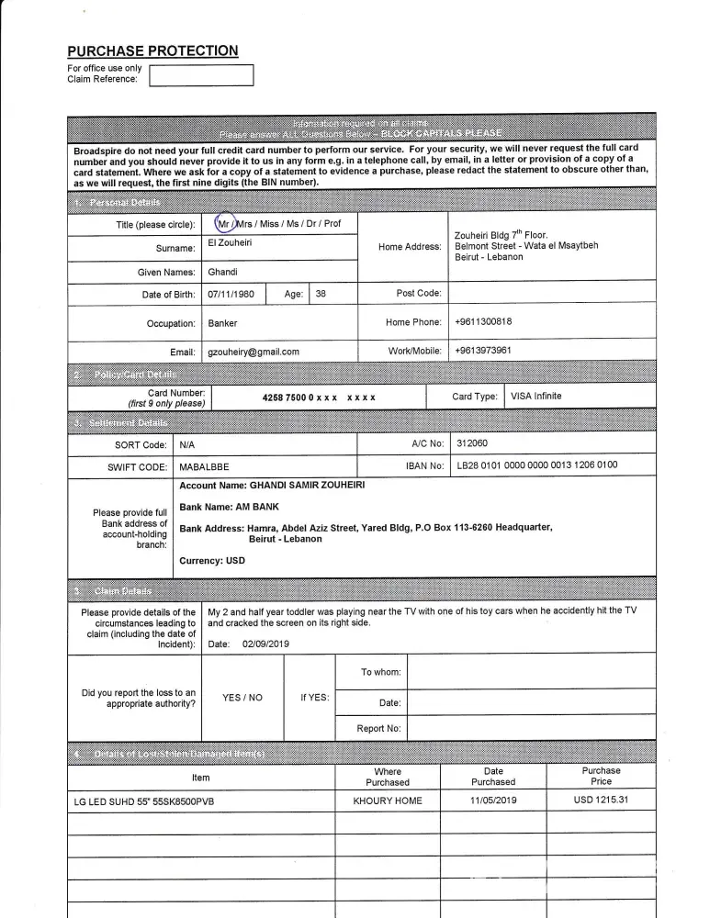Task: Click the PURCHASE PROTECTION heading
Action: coord(152,51)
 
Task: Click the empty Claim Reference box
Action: coord(201,74)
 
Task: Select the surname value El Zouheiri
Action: coord(231,242)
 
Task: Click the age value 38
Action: coord(321,295)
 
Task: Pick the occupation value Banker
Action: coord(222,323)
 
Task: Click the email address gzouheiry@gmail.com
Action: coord(254,352)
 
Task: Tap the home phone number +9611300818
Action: coord(483,321)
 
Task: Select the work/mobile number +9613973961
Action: coord(483,351)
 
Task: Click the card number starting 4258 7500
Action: coord(318,397)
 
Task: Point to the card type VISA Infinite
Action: coord(535,397)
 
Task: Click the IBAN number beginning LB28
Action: coord(537,465)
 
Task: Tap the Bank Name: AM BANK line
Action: coord(229,507)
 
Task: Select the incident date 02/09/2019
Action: coord(265,644)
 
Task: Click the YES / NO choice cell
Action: coord(242,698)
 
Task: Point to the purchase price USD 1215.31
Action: coord(602,800)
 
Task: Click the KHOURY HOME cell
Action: coord(388,801)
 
